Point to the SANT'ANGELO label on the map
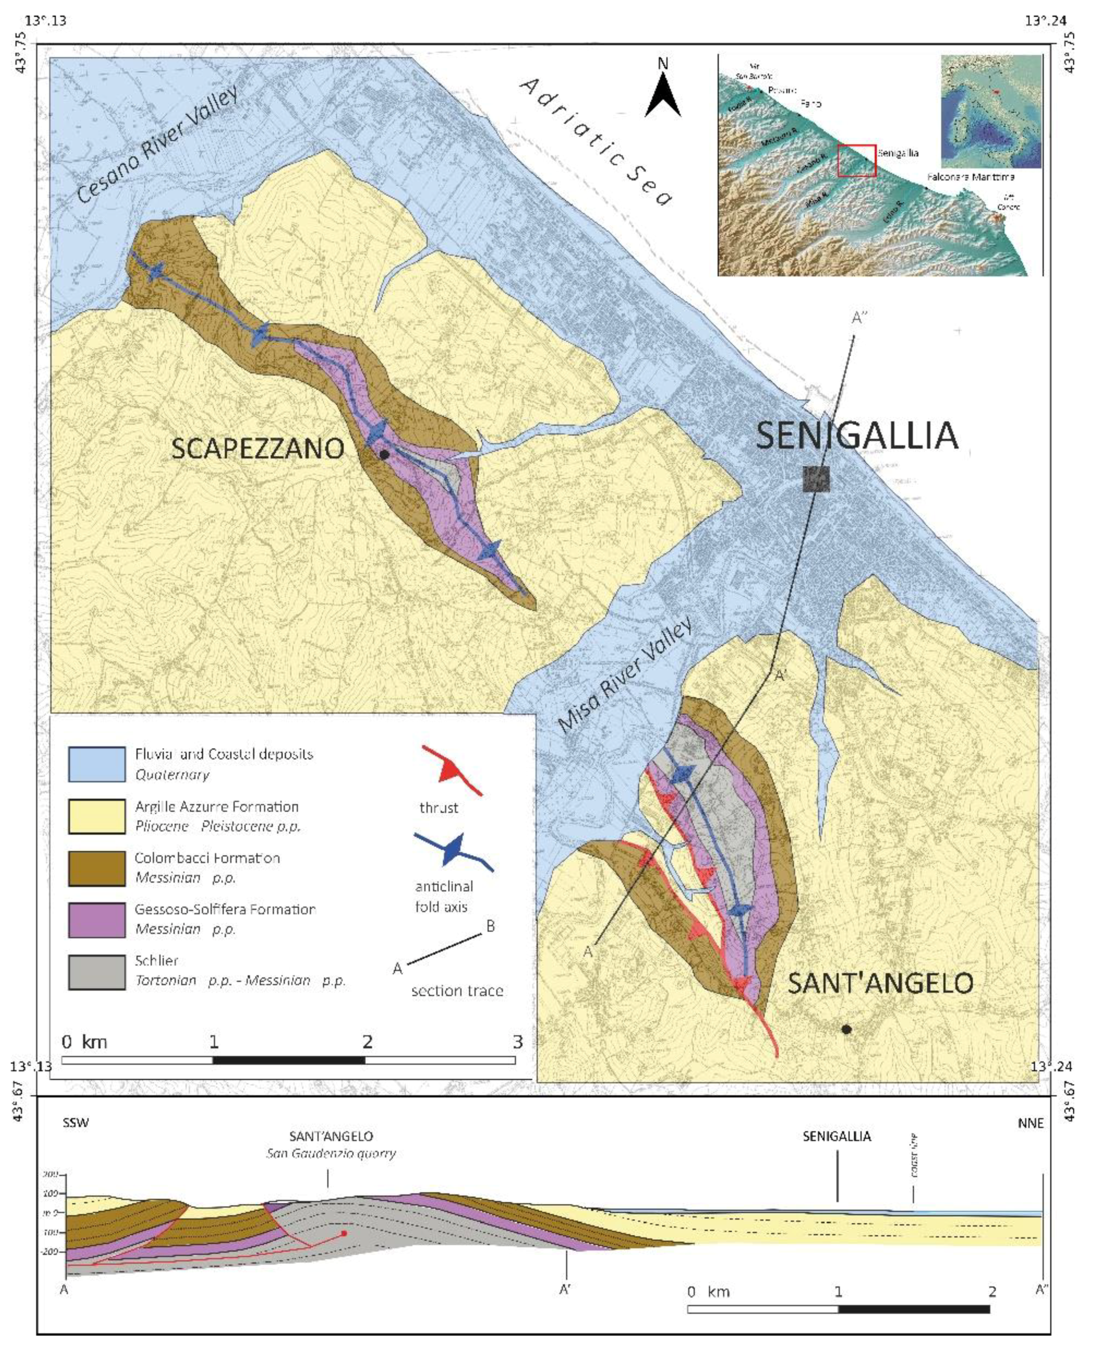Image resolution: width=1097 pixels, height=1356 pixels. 880,983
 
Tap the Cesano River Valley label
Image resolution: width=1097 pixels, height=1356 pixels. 158,145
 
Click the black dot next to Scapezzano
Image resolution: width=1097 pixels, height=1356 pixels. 384,454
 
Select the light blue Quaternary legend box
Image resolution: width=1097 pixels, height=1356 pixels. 97,764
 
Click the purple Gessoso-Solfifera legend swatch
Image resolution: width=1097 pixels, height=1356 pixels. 97,919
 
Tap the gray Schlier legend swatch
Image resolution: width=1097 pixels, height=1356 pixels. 97,971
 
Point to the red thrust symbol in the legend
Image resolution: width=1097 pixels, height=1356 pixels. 452,770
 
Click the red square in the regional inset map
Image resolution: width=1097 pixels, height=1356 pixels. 856,160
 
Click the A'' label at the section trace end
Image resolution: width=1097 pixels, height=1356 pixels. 859,318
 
